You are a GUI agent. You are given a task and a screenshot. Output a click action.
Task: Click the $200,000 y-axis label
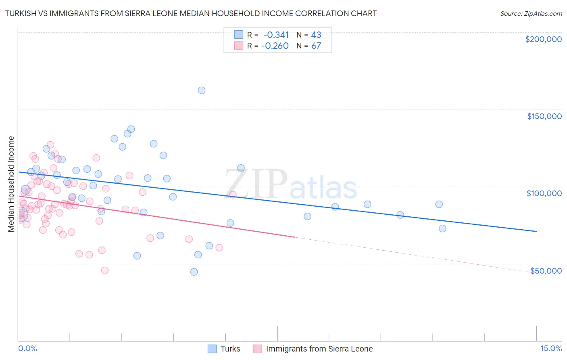543,39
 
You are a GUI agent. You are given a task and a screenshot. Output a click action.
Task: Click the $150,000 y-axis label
544,116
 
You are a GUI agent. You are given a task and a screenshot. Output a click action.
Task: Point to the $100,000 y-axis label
544,193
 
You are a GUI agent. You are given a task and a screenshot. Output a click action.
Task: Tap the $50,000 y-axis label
546,270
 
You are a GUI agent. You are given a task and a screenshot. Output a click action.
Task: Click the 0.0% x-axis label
27,348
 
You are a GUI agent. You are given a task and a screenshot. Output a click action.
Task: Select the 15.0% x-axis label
551,348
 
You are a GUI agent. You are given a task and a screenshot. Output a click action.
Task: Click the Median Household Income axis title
11,184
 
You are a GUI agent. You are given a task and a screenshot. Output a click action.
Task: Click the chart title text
191,13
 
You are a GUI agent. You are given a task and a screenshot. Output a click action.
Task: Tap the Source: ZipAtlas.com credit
531,14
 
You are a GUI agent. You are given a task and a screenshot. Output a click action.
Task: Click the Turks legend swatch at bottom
212,349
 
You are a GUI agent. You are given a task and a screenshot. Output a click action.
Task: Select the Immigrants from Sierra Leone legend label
319,349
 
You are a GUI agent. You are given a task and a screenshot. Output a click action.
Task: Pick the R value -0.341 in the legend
276,35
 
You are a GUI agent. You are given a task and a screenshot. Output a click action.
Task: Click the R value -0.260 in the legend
275,46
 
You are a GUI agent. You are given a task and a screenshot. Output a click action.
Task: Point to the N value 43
316,35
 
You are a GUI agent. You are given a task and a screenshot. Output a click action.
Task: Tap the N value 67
316,46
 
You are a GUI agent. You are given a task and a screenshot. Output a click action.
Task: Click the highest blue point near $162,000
202,90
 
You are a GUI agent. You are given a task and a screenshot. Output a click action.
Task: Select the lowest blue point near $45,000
194,272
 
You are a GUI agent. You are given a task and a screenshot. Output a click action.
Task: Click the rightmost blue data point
442,228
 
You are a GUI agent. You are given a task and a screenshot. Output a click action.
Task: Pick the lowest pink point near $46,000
105,270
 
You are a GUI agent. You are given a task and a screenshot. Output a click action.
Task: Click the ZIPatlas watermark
291,184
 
